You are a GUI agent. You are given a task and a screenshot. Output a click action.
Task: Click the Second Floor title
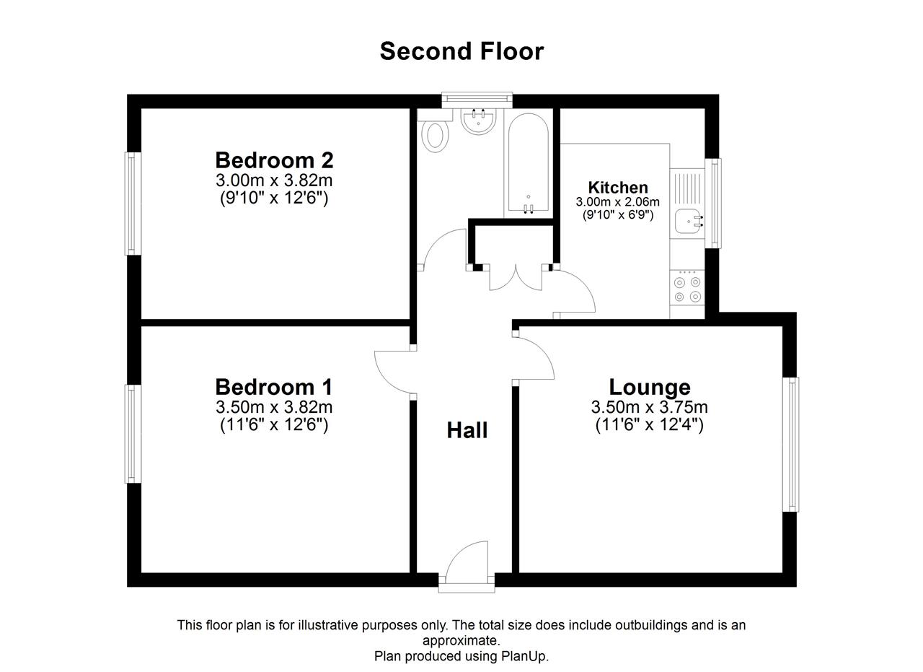coord(461,51)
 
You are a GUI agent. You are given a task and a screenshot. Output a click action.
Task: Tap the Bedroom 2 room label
coord(274,160)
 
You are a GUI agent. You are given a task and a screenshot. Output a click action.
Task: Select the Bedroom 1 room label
coord(273,387)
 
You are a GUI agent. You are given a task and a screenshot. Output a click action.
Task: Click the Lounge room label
coord(650,387)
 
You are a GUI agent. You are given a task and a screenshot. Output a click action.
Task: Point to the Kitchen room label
coord(618,188)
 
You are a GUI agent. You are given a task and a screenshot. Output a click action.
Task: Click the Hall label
coord(467,430)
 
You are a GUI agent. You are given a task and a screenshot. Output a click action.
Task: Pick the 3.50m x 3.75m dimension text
coord(650,407)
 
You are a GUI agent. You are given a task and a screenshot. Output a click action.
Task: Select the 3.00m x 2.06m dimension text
coord(617,202)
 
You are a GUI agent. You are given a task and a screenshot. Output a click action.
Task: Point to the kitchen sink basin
coord(686,221)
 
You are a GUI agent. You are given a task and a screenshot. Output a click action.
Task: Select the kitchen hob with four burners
coord(687,288)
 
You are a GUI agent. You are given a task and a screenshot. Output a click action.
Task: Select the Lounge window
coord(791,445)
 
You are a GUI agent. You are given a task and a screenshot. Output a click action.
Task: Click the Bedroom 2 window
coord(133,204)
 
